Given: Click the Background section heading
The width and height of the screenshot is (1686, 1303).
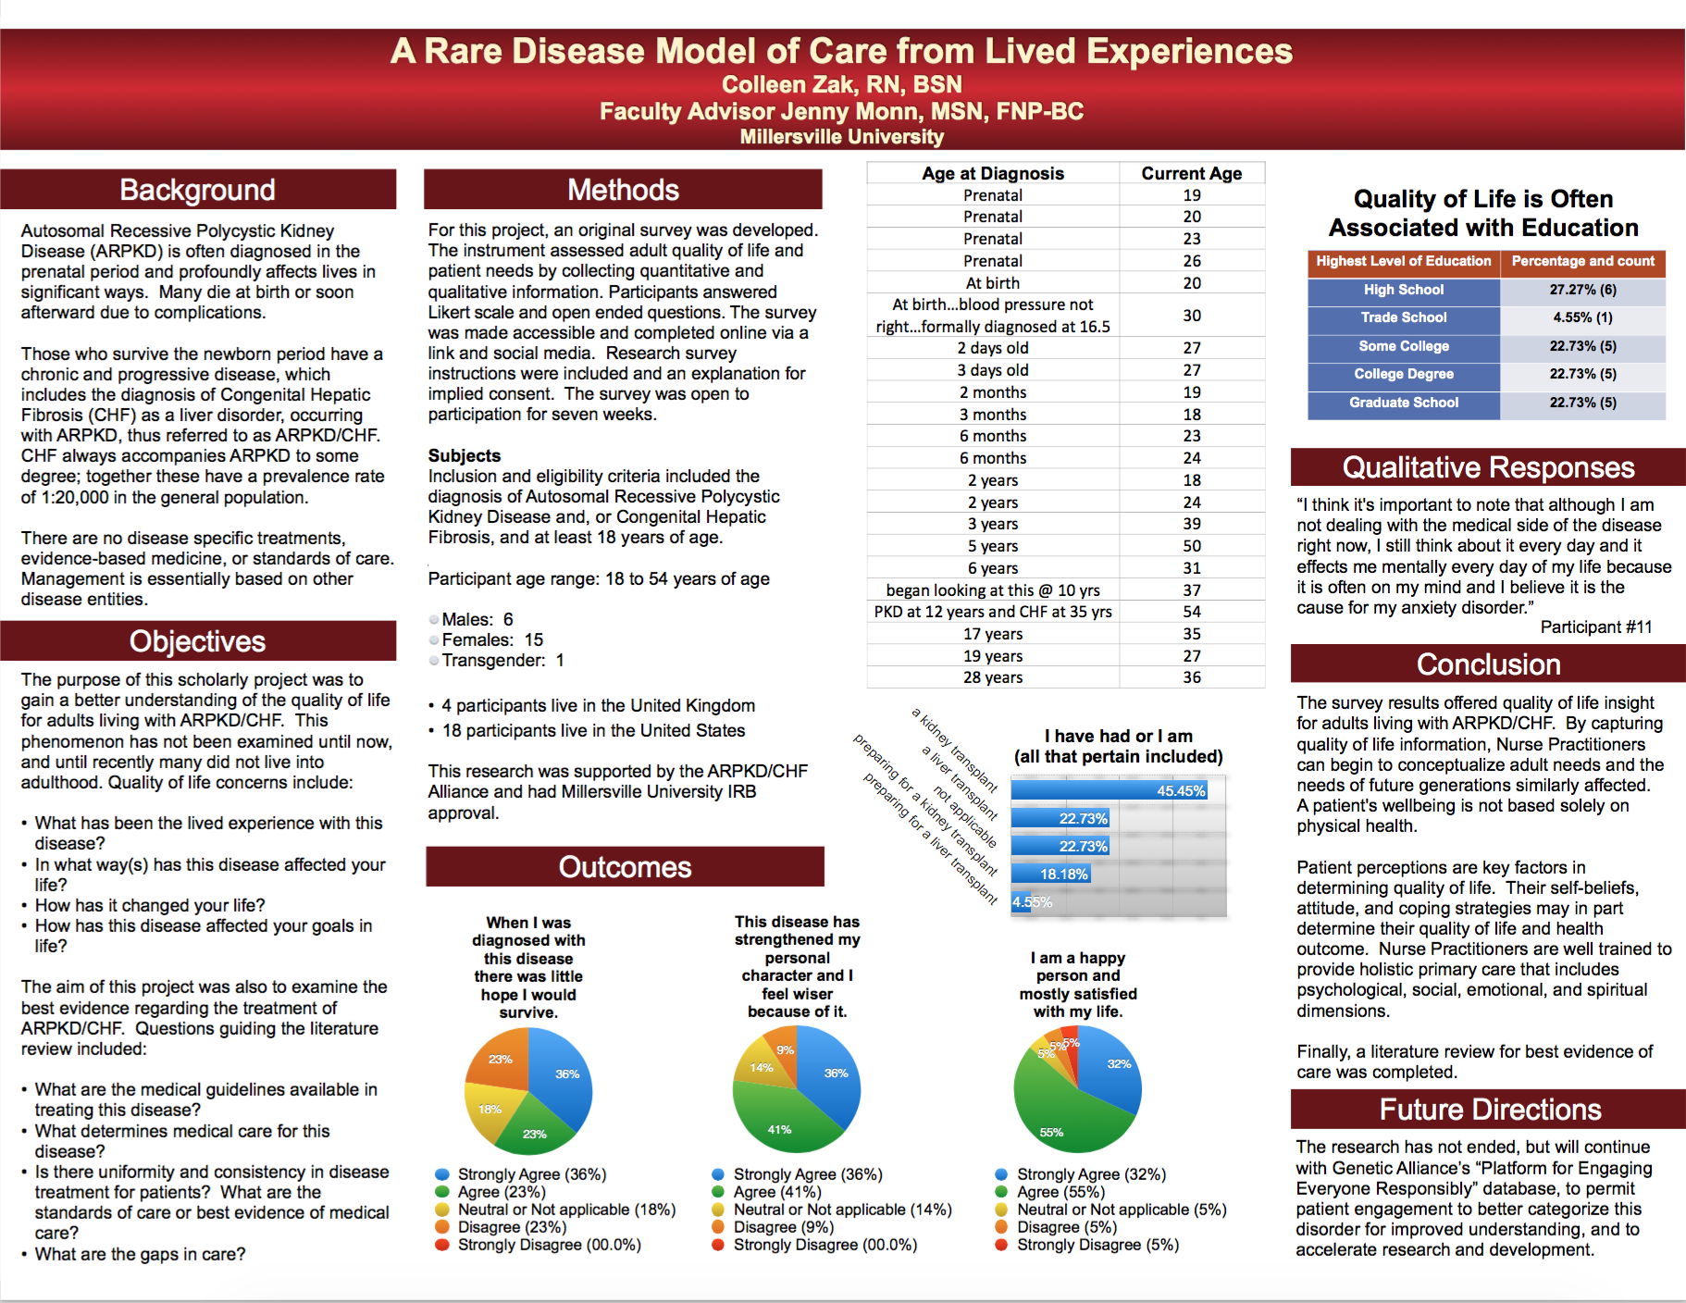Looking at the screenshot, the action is [197, 190].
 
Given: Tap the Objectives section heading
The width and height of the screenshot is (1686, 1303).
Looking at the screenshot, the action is [197, 641].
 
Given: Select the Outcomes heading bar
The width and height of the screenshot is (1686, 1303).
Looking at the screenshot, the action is [625, 867].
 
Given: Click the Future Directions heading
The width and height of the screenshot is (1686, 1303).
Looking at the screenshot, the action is [1489, 1110].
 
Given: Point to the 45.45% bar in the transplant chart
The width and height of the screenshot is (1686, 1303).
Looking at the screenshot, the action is [1110, 790].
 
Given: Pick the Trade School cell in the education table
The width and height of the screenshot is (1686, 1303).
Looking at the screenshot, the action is [1404, 318].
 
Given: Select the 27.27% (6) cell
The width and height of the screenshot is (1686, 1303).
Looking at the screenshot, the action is [1583, 290].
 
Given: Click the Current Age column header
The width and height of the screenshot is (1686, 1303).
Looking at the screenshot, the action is [1192, 173].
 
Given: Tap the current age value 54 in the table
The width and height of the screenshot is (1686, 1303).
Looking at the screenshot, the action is [1192, 612].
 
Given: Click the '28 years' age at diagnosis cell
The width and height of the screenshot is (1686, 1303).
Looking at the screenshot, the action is [993, 677].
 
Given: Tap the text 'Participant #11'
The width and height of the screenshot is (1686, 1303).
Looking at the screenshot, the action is [1596, 627].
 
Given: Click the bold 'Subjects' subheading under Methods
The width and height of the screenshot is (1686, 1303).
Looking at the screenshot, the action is [465, 455].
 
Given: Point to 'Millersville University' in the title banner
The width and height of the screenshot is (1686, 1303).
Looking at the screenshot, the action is [842, 137].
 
